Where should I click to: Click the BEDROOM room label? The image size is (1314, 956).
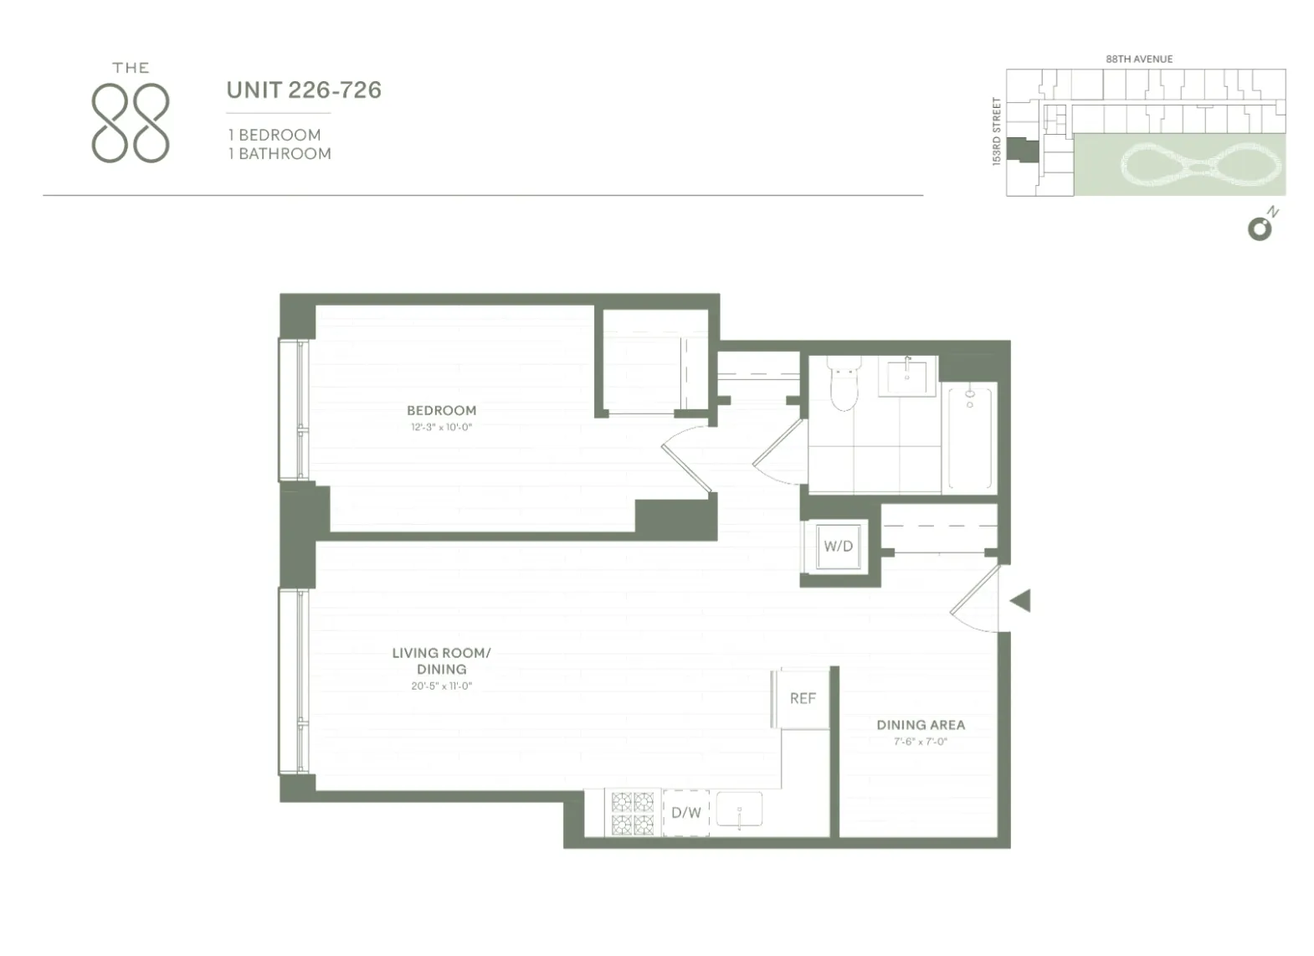point(441,410)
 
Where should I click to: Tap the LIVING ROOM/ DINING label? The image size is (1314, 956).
point(441,660)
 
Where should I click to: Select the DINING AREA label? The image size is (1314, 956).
point(921,725)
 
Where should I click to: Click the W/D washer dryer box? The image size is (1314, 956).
point(838,547)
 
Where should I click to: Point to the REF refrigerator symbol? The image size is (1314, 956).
point(803,698)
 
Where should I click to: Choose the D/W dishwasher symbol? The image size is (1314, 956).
point(686,812)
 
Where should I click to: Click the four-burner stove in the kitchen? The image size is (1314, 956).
point(633,813)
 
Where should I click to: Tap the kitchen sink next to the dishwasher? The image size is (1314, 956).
point(739,810)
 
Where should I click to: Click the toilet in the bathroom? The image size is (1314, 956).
point(844,384)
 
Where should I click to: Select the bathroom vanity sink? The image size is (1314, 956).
point(907,377)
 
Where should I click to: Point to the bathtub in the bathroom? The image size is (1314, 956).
point(970,437)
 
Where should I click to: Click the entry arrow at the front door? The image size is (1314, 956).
point(1020,600)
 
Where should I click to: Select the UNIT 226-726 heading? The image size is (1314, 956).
point(304,90)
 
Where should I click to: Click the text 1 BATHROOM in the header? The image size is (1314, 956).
point(280,154)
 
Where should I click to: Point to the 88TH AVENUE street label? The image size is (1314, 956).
point(1139,59)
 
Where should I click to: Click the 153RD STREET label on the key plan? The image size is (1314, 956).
point(996,131)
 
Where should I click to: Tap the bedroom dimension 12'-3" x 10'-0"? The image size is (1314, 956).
point(441,427)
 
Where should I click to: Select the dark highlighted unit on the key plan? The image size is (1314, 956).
point(1022,151)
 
